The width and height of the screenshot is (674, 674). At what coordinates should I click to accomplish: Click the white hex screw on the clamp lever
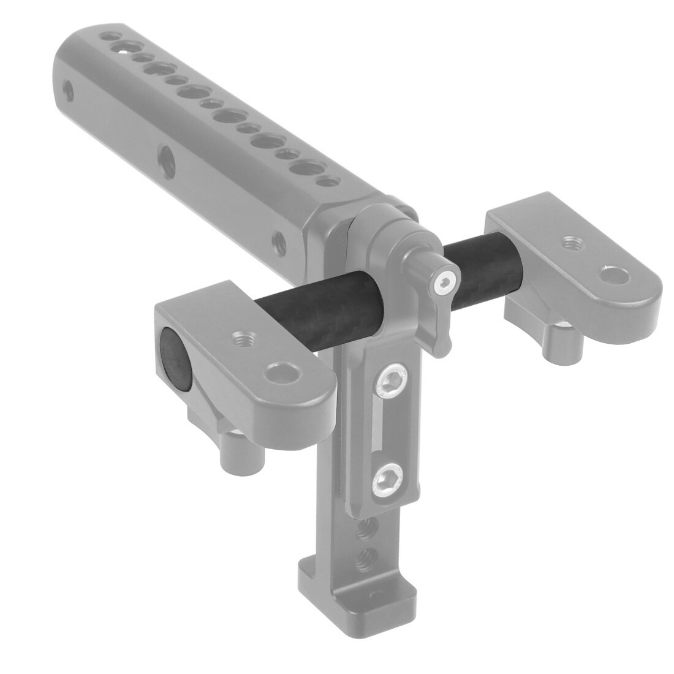pos(444,282)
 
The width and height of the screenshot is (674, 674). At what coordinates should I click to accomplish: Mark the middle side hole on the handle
pos(164,158)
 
